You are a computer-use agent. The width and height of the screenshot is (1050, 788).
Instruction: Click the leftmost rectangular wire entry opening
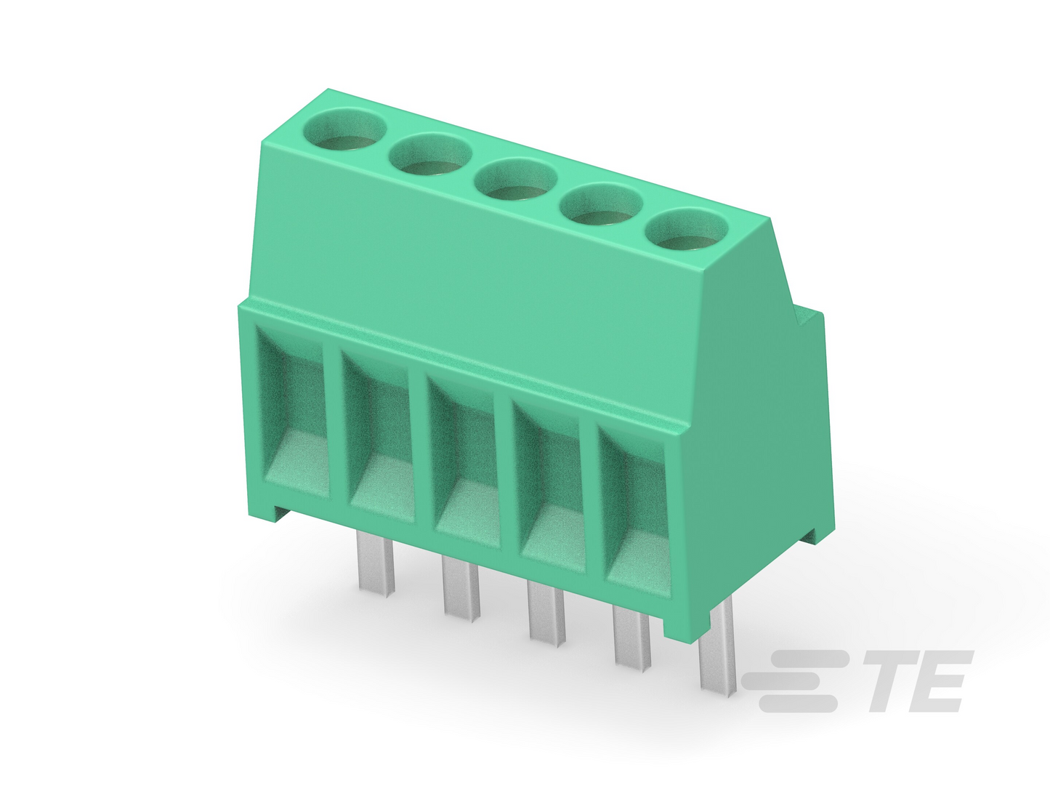(x=292, y=411)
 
